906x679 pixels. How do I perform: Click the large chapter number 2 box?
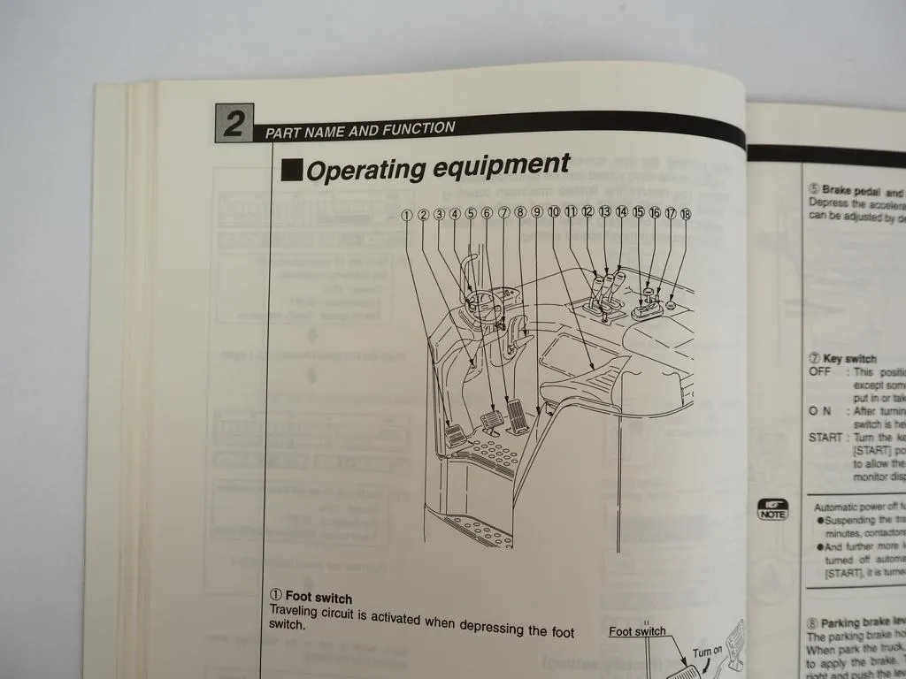tap(234, 123)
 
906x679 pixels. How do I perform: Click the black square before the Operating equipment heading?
tap(292, 171)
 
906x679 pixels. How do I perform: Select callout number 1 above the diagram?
tap(407, 215)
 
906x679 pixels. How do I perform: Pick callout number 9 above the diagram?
tap(536, 213)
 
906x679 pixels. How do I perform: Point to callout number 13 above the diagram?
tap(604, 212)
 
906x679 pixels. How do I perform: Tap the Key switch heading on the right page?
tap(848, 359)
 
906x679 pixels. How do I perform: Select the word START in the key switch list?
tap(825, 438)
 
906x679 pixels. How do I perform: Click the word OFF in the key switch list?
tap(819, 371)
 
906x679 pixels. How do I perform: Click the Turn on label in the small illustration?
tap(707, 652)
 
